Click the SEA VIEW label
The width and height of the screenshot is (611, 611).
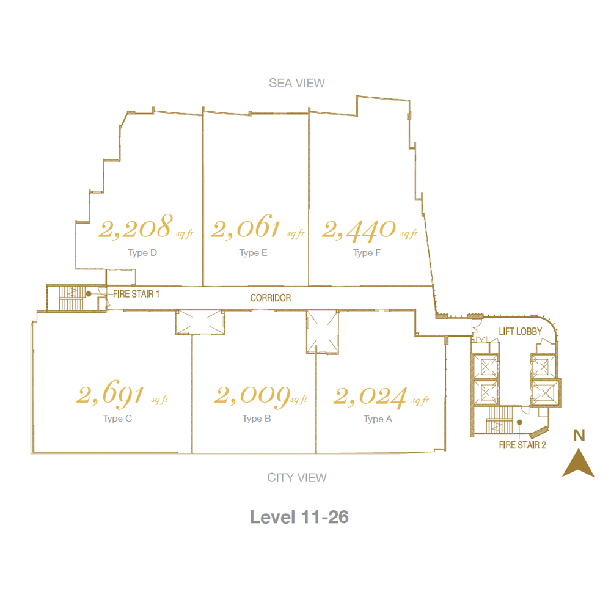296,83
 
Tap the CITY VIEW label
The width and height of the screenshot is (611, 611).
297,477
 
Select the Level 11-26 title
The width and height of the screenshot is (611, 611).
299,517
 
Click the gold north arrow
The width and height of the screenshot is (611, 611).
578,464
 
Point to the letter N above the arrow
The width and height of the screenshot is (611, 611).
579,435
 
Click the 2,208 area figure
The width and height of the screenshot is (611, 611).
135,227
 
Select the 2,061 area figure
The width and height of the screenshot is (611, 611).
246,227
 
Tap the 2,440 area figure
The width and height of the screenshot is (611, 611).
359,230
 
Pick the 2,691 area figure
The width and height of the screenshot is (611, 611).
110,393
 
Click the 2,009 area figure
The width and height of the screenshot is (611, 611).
252,396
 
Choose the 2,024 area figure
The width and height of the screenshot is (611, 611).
370,397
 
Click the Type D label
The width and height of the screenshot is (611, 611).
142,253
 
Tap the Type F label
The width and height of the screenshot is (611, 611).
367,253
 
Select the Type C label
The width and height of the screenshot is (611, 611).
118,419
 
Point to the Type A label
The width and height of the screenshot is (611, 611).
378,419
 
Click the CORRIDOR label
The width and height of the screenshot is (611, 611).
271,298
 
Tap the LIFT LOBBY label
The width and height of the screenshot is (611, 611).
520,332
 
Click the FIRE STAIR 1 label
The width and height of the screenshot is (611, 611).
136,295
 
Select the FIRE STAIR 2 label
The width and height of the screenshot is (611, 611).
522,445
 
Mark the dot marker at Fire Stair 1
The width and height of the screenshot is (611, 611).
89,294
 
